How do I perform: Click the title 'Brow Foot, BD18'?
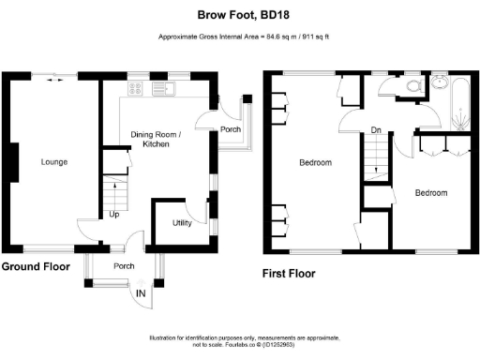(240, 14)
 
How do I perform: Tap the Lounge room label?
(54, 162)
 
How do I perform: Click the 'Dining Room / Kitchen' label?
(156, 140)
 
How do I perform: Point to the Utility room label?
(182, 223)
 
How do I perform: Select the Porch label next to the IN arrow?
(123, 265)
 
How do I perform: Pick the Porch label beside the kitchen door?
(230, 129)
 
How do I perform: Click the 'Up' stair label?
(113, 214)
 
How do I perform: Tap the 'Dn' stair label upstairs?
(375, 130)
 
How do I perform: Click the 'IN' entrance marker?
(141, 294)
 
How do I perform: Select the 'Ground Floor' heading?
(36, 266)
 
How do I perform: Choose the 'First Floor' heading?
(290, 274)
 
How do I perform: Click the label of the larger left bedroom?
(315, 163)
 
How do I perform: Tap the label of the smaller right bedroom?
(431, 192)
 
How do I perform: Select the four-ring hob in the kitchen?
(135, 89)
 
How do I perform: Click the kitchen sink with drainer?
(169, 89)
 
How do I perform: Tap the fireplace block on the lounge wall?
(13, 161)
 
